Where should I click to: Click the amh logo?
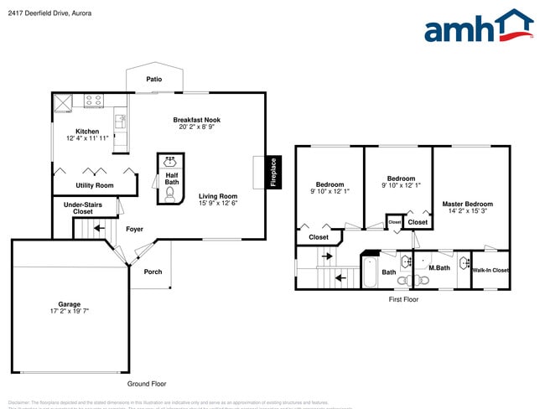point(479,27)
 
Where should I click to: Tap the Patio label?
point(153,80)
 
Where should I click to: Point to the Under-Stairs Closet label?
point(83,207)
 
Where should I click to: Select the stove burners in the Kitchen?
point(93,101)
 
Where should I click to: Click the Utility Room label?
point(94,185)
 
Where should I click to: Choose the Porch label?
point(153,272)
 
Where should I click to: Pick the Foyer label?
point(134,229)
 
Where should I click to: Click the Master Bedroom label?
point(467,204)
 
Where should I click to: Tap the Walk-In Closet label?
point(490,270)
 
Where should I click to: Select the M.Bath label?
point(439,267)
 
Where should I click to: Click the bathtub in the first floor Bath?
point(370,272)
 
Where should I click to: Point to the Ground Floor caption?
point(146,384)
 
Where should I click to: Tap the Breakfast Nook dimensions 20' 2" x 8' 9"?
point(197,127)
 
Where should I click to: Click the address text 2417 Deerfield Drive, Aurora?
point(50,13)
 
